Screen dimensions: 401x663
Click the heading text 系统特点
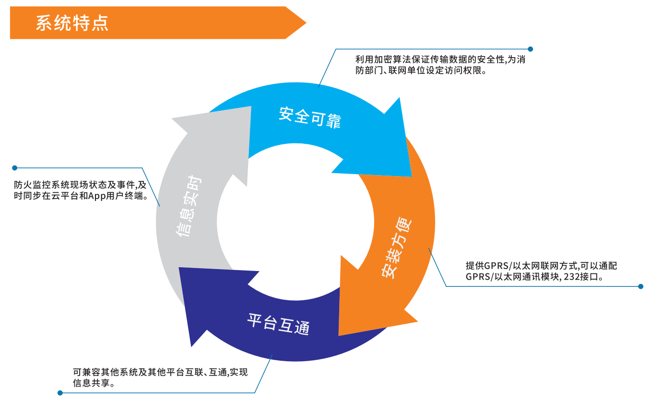72,23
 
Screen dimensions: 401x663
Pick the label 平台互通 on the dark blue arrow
278,324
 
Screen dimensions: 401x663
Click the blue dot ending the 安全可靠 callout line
530,49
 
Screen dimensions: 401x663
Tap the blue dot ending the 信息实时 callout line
15,168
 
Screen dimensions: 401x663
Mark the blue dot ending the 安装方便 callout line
640,286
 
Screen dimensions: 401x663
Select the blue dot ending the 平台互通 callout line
60,393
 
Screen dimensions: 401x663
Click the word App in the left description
96,197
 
